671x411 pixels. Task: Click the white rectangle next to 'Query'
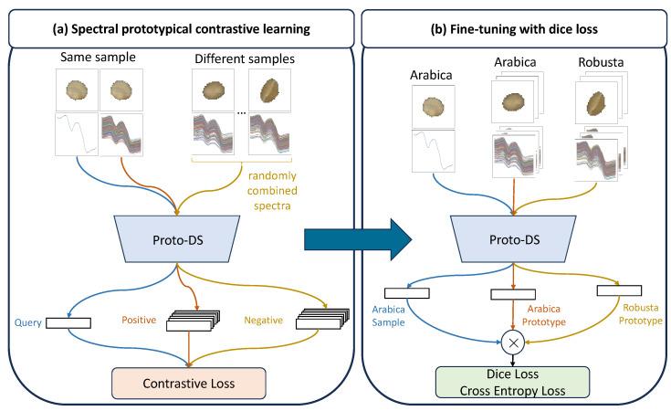pyautogui.click(x=68, y=321)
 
